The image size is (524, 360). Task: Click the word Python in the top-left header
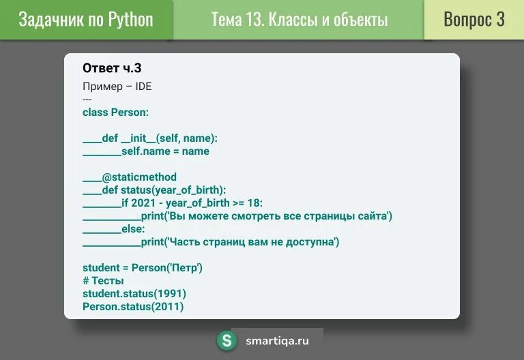click(130, 19)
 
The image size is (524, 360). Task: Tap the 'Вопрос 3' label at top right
click(474, 19)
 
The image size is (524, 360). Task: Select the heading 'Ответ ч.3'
click(112, 67)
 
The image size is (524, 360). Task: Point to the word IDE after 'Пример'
click(143, 87)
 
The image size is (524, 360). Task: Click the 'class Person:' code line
click(115, 112)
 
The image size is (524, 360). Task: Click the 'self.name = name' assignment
click(165, 151)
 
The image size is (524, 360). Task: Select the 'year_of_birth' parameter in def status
click(190, 190)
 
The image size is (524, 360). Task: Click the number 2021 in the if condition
click(145, 203)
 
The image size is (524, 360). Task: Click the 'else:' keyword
click(133, 229)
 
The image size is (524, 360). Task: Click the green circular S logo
click(227, 341)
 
